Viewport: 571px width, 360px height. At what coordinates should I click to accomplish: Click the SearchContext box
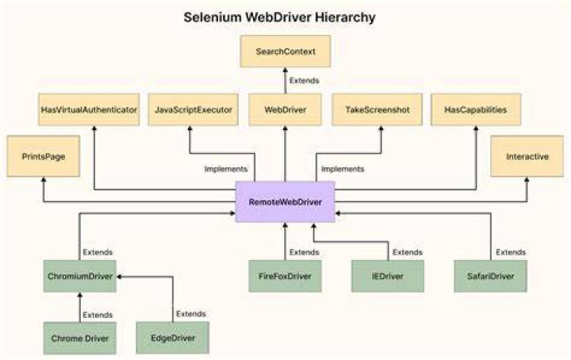(285, 52)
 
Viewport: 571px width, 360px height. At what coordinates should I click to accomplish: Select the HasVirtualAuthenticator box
(89, 109)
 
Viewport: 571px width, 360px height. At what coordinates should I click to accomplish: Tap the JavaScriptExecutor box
(193, 109)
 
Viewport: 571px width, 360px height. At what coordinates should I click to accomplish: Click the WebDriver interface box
(285, 109)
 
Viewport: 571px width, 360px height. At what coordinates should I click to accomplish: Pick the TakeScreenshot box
(377, 109)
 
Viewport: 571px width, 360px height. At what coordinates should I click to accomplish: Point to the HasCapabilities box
(476, 109)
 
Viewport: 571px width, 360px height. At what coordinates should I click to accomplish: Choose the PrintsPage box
(44, 156)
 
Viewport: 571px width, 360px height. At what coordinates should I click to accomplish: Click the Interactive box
(527, 156)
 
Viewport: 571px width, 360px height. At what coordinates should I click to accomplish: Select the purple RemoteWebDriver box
(285, 201)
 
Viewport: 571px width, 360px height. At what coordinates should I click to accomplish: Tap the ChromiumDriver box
(80, 276)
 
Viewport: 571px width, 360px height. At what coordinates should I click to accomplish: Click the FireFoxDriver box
(285, 276)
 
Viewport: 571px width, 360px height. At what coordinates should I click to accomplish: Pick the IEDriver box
(388, 276)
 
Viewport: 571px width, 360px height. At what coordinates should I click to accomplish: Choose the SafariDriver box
(491, 276)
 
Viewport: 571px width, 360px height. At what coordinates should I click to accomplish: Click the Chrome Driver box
(80, 338)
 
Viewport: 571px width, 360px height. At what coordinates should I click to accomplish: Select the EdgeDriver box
(173, 338)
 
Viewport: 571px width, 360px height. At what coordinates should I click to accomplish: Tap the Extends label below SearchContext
(305, 80)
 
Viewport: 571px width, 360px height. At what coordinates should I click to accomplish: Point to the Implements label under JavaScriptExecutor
(226, 169)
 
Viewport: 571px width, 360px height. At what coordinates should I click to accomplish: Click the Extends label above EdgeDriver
(191, 314)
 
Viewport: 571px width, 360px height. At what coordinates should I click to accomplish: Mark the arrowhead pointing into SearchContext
(285, 70)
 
